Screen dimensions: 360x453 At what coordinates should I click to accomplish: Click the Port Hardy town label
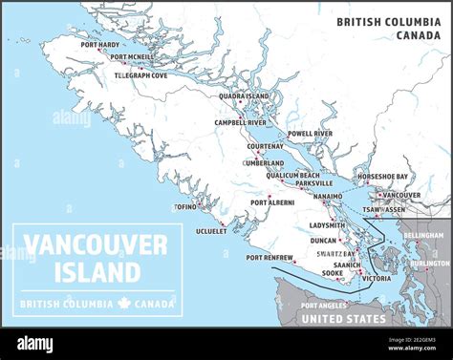click(100, 45)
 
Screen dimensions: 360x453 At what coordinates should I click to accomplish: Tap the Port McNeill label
click(131, 57)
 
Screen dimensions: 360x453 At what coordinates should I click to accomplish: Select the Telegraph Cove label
click(140, 74)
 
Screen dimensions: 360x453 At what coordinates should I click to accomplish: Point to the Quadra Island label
click(244, 95)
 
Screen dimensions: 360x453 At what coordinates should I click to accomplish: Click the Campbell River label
click(240, 122)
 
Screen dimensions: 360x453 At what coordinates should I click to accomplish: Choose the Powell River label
click(310, 134)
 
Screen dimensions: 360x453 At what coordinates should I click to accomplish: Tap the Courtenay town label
click(266, 146)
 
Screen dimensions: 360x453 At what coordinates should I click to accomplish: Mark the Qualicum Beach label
click(292, 175)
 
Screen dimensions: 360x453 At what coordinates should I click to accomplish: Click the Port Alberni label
click(272, 202)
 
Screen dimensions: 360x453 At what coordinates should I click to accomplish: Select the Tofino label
click(184, 206)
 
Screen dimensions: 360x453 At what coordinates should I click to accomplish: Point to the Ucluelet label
click(211, 230)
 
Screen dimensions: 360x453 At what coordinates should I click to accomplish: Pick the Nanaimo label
click(327, 195)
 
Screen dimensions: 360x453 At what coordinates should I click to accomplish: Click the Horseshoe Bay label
click(382, 177)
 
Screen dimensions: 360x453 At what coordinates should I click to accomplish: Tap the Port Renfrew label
click(269, 258)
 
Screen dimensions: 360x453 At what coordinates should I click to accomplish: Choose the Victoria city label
click(377, 279)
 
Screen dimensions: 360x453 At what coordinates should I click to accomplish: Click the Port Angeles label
click(324, 306)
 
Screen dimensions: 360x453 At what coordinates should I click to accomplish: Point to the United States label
click(343, 319)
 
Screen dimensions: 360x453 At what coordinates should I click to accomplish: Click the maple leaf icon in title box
click(122, 304)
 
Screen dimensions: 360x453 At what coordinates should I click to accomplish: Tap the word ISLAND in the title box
click(96, 272)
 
